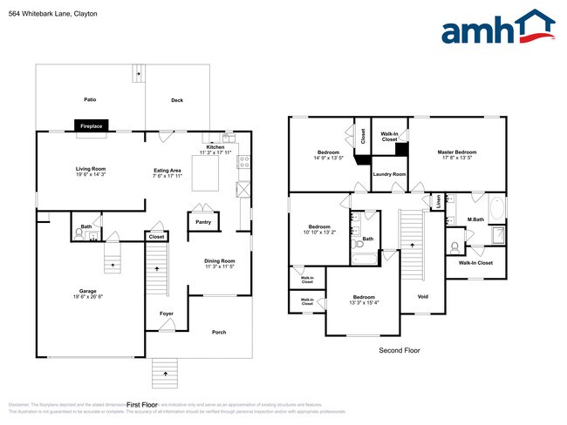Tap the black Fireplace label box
(x=91, y=126)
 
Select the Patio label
(x=90, y=100)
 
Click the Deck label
(x=177, y=100)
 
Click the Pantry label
(x=203, y=222)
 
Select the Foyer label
(x=166, y=313)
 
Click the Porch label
(x=220, y=332)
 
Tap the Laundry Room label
(x=390, y=174)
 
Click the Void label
(x=422, y=297)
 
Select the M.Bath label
(x=475, y=219)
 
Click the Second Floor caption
(x=399, y=350)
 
